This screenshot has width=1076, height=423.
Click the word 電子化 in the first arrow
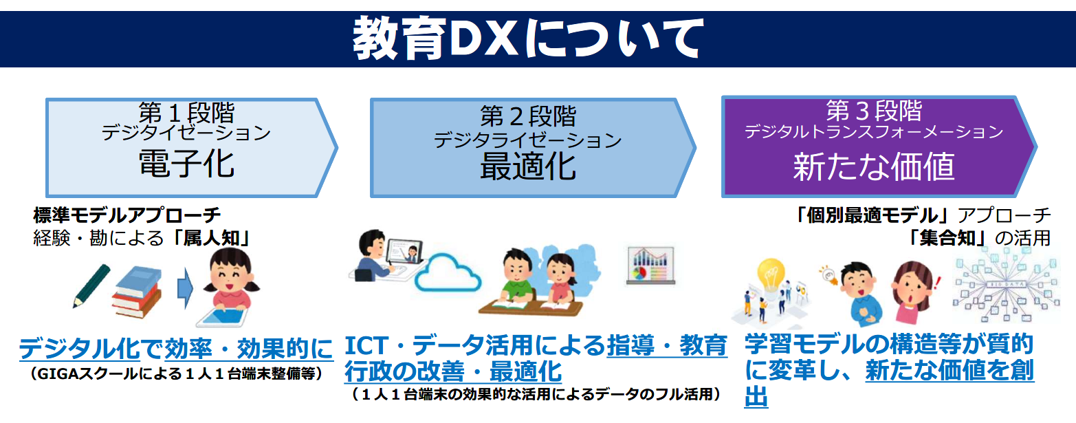coord(186,164)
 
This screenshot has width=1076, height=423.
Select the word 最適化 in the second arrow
coord(528,166)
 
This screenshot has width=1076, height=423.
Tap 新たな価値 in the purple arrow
coord(873,166)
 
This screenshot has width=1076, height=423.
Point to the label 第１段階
coord(186,113)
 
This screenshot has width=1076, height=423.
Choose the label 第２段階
coord(528,116)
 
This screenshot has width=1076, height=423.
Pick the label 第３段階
coord(874,111)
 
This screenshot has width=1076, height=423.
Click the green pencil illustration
coord(91,285)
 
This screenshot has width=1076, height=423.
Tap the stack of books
coord(137,292)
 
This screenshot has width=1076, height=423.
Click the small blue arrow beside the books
coord(185,288)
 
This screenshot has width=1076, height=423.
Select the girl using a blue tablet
coord(228,288)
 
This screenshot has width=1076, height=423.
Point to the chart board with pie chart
coord(650,265)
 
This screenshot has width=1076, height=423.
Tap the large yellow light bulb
coord(771,275)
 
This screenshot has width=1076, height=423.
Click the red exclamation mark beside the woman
coord(936,282)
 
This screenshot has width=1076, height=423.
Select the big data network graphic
coord(1006,286)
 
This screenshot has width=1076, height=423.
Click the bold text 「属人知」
coord(212,238)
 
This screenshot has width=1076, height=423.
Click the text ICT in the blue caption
coord(366,345)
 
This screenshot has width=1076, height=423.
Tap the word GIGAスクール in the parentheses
coord(87,373)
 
